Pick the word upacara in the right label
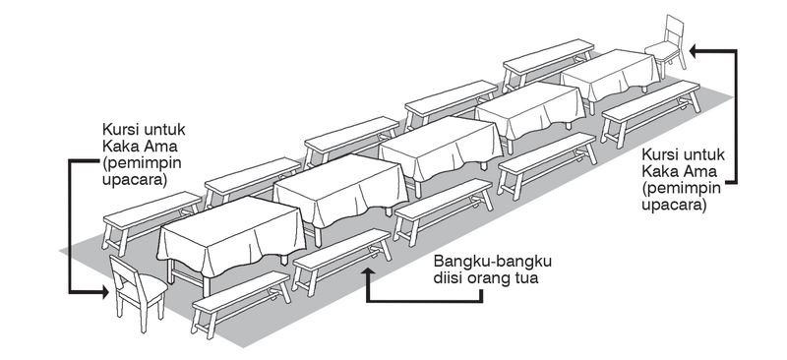pyautogui.click(x=672, y=206)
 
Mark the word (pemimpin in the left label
pyautogui.click(x=135, y=164)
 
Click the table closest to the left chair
pyautogui.click(x=231, y=236)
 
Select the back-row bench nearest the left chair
pyautogui.click(x=152, y=214)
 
